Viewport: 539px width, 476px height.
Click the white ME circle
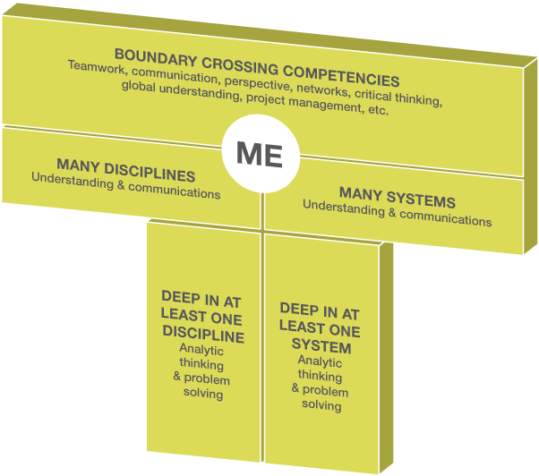(x=261, y=154)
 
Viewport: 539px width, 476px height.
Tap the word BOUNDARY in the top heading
(x=156, y=57)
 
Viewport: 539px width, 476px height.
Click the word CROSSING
(x=240, y=66)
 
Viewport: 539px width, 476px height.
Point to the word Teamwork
(x=97, y=66)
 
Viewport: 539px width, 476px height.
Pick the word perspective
(x=258, y=83)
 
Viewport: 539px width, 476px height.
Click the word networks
(x=322, y=89)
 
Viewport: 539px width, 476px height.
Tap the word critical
(x=372, y=95)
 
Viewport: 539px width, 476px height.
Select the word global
(x=138, y=86)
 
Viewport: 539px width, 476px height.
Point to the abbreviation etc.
(x=379, y=110)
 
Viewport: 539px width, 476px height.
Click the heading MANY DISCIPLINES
(x=126, y=170)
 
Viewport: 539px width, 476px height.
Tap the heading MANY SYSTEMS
(x=398, y=198)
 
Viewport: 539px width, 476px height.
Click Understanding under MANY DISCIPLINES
(x=73, y=181)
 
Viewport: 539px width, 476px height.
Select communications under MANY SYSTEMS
(x=446, y=219)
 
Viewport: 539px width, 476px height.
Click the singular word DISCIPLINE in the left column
(x=203, y=335)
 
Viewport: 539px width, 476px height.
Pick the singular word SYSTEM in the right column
(x=321, y=346)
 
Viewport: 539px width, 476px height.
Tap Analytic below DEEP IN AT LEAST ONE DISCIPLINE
(x=201, y=350)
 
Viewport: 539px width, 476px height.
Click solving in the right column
(x=321, y=405)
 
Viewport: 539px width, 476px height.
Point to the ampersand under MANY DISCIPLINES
(x=121, y=185)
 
